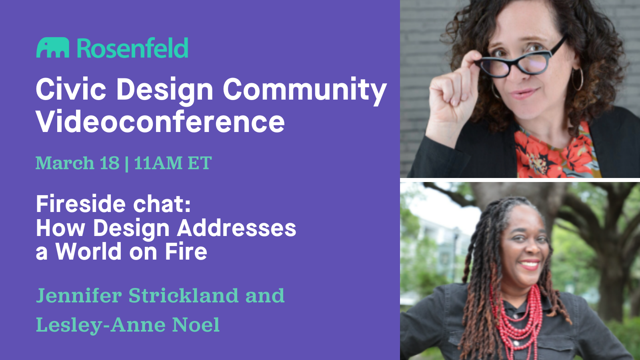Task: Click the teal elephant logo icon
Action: pyautogui.click(x=52, y=48)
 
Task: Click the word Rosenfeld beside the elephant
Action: pyautogui.click(x=132, y=48)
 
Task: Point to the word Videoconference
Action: pyautogui.click(x=160, y=122)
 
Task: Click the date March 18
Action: pyautogui.click(x=78, y=163)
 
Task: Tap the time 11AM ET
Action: pyautogui.click(x=173, y=163)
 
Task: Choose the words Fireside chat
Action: pyautogui.click(x=113, y=204)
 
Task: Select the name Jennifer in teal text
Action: pyautogui.click(x=79, y=295)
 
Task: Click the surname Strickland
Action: pyautogui.click(x=184, y=295)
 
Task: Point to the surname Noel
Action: pyautogui.click(x=196, y=324)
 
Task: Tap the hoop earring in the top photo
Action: pyautogui.click(x=578, y=80)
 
